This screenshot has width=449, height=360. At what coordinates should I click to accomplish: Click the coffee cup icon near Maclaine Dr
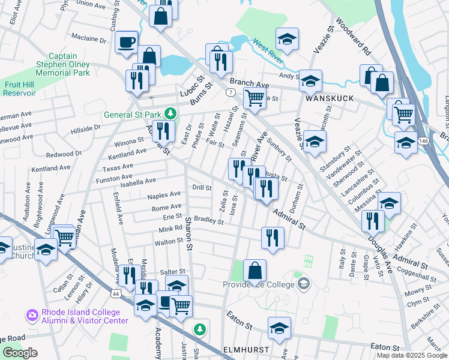tap(126, 43)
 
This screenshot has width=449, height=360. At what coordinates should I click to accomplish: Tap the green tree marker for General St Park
tap(170, 113)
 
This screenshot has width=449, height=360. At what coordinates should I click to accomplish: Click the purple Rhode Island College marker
tap(32, 314)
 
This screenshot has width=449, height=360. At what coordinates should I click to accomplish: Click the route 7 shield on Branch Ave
tap(231, 92)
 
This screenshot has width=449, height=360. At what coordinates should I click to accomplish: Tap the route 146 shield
tap(424, 140)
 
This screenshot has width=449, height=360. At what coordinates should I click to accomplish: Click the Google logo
tap(20, 353)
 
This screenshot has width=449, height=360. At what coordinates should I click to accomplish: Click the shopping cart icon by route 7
tap(255, 98)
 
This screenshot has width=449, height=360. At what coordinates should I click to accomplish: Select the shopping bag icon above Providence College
tap(255, 271)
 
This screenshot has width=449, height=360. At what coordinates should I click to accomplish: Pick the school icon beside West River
tap(288, 40)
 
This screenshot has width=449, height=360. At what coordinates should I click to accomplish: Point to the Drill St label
tap(202, 188)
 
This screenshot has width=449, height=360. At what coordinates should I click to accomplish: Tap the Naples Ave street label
tap(164, 196)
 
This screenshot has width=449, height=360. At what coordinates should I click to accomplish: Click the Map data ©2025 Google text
tap(412, 355)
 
